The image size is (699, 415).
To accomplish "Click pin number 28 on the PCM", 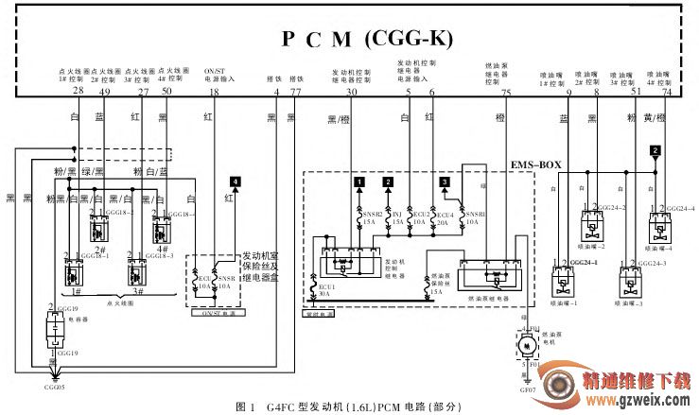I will tap(78, 92).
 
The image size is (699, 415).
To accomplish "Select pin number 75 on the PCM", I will tap(506, 92).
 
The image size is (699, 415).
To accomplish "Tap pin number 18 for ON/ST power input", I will tap(214, 92).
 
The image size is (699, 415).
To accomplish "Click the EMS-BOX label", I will tap(537, 164).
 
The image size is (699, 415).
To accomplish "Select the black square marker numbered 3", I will tap(445, 181).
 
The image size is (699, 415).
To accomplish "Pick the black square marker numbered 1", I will tap(358, 181).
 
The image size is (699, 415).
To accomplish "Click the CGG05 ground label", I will tap(54, 386).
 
